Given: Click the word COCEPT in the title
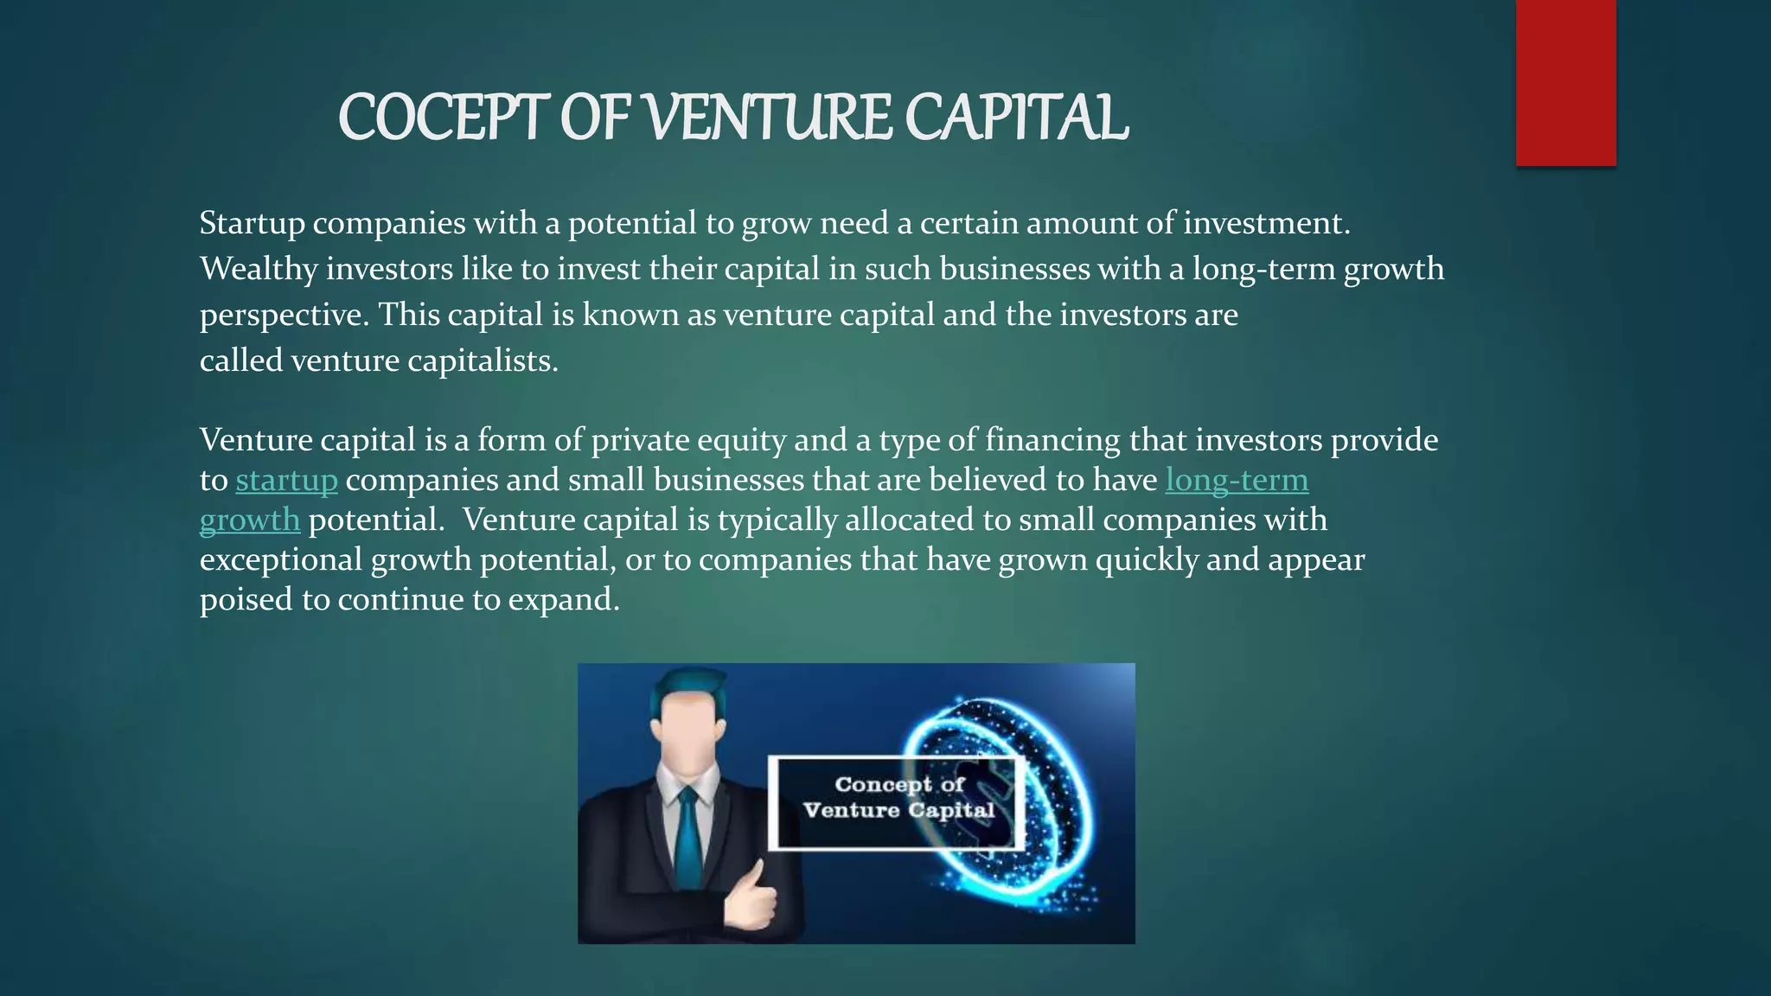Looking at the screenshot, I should (443, 118).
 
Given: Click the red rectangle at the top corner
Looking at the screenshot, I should (1565, 83).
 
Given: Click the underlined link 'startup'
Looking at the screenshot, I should (286, 481).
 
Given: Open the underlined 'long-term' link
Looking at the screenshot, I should (1237, 481).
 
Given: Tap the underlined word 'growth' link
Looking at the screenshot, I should (250, 520).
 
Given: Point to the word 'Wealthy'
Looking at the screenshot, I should (259, 270).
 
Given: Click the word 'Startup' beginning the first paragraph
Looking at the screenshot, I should (252, 224).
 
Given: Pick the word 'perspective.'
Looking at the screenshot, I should (285, 316).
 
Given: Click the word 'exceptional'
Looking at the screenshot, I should (281, 560).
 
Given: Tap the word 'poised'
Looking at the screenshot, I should (246, 600).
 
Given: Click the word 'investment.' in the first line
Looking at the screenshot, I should (1266, 224).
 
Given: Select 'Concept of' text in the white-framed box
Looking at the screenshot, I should (898, 784).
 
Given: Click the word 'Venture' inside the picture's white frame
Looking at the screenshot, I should (851, 811).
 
